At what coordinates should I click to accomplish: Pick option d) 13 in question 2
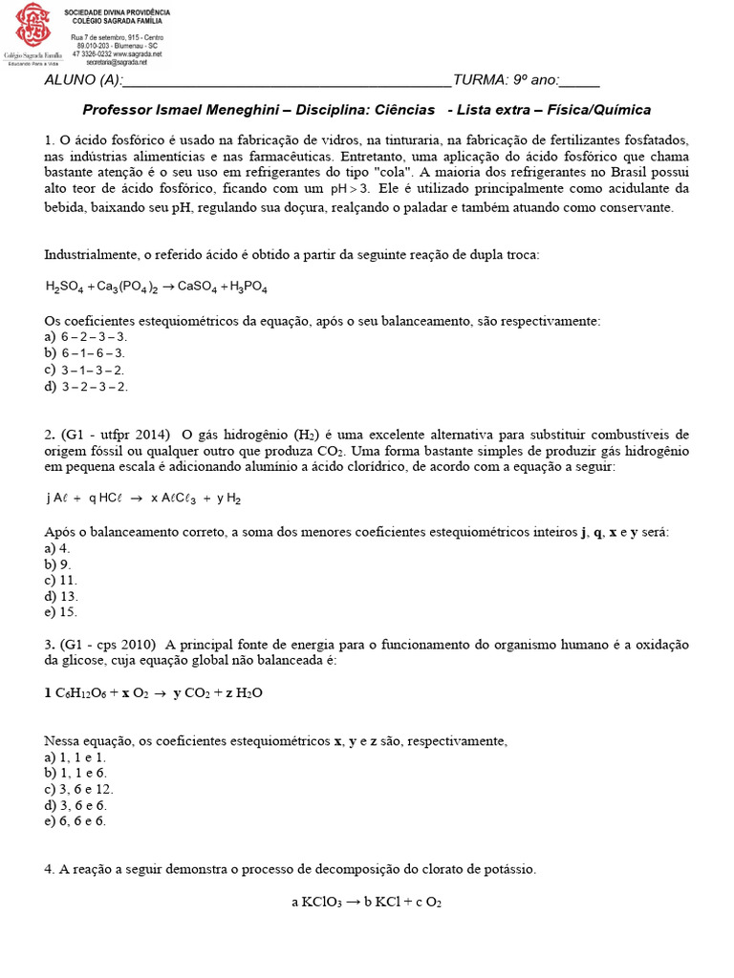tap(62, 596)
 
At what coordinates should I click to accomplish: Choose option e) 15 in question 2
tap(62, 612)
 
